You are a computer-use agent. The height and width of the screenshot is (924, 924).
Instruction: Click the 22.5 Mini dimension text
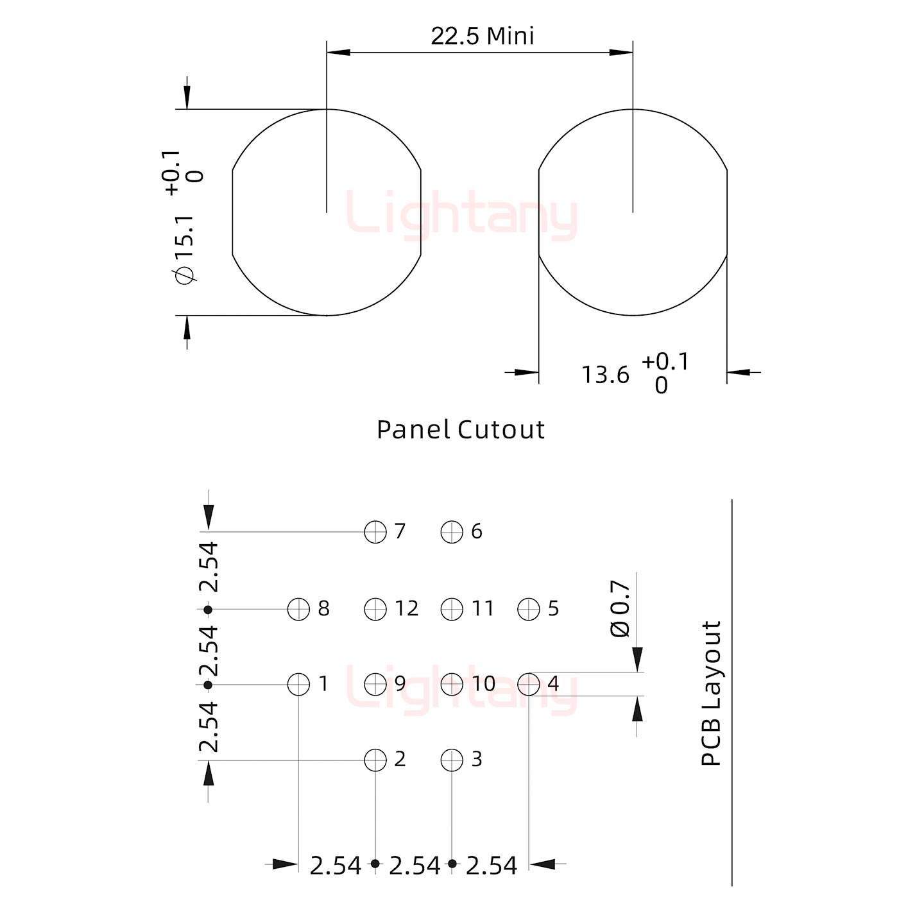click(x=483, y=36)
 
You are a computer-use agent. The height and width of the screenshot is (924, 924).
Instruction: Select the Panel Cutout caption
click(x=461, y=430)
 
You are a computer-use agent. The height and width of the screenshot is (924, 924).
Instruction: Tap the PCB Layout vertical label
click(x=711, y=694)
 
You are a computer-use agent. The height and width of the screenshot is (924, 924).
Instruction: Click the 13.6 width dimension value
click(x=605, y=375)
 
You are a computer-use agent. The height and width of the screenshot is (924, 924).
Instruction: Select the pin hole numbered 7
click(x=375, y=532)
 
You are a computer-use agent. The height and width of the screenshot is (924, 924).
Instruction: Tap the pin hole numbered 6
click(x=452, y=532)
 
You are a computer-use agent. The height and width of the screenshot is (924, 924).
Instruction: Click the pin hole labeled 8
click(x=299, y=609)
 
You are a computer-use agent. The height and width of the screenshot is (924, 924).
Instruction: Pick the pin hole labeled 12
click(x=375, y=609)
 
